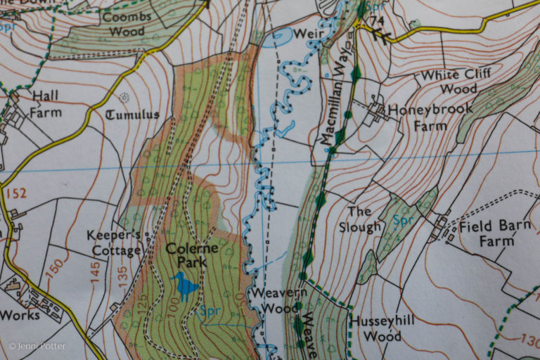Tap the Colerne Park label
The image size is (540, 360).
[192, 256]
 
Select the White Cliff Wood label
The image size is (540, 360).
[453, 82]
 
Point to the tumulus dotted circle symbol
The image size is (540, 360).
[126, 96]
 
